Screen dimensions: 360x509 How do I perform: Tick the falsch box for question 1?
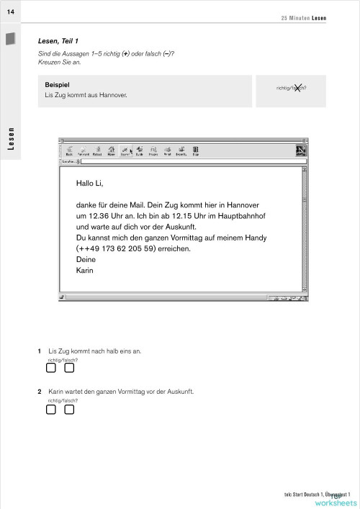coord(69,369)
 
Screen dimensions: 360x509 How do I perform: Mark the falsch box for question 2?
coord(69,410)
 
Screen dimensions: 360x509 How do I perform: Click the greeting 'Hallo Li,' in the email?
coord(90,184)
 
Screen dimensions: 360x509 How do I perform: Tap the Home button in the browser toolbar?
coord(112,150)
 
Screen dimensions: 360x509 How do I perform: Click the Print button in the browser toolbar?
coord(166,150)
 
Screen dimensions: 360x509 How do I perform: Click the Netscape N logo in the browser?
coord(300,150)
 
